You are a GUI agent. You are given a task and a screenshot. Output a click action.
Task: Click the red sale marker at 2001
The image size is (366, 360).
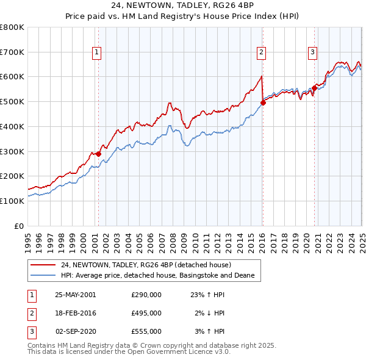click(x=98, y=154)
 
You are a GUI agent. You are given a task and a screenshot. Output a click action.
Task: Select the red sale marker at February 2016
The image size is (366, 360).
click(x=263, y=103)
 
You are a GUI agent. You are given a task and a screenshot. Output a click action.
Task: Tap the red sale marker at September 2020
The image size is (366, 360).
click(x=314, y=88)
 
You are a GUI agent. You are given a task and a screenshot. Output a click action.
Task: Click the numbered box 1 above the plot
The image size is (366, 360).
click(x=97, y=53)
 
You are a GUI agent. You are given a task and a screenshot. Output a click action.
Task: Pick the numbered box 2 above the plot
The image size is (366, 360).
click(x=260, y=53)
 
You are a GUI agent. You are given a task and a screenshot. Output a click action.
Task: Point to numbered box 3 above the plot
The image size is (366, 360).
click(x=312, y=53)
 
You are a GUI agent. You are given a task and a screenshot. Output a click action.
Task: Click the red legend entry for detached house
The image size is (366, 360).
click(x=146, y=265)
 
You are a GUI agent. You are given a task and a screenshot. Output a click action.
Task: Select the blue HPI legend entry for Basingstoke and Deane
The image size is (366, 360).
click(x=161, y=276)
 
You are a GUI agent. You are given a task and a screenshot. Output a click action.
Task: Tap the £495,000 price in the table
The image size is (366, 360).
click(x=146, y=313)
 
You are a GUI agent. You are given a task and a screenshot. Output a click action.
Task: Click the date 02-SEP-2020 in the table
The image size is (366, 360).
click(x=76, y=331)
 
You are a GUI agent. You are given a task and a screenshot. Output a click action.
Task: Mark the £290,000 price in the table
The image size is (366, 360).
click(x=146, y=294)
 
